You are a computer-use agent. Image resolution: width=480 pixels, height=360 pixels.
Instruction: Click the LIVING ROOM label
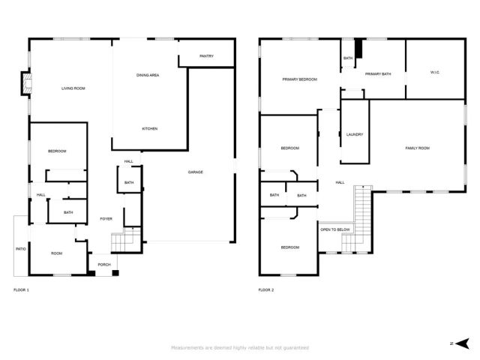click(x=73, y=89)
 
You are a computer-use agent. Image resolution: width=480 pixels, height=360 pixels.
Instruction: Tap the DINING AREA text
click(x=148, y=75)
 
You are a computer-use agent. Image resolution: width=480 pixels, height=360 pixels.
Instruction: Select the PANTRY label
click(x=207, y=56)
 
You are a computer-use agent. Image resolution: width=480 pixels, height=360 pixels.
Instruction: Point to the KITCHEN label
click(x=150, y=129)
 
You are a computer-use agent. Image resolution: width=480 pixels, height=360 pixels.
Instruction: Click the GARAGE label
click(x=195, y=172)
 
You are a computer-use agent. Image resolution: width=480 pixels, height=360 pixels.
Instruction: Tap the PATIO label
click(x=20, y=249)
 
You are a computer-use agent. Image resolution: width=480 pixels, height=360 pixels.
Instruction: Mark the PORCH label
click(x=103, y=265)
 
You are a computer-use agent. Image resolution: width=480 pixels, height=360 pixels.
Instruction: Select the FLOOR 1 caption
click(x=22, y=289)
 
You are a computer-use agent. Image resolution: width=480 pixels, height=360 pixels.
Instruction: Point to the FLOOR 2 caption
click(x=266, y=289)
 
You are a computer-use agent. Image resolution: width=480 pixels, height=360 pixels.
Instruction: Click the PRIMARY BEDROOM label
click(x=299, y=79)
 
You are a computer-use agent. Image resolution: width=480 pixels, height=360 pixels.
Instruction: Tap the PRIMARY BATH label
click(x=378, y=74)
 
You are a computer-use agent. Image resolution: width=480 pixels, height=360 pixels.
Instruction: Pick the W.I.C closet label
click(x=434, y=73)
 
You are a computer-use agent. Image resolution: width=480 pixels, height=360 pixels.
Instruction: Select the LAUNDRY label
click(x=355, y=135)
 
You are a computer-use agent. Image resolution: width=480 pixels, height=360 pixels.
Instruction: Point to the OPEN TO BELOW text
click(x=335, y=229)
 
